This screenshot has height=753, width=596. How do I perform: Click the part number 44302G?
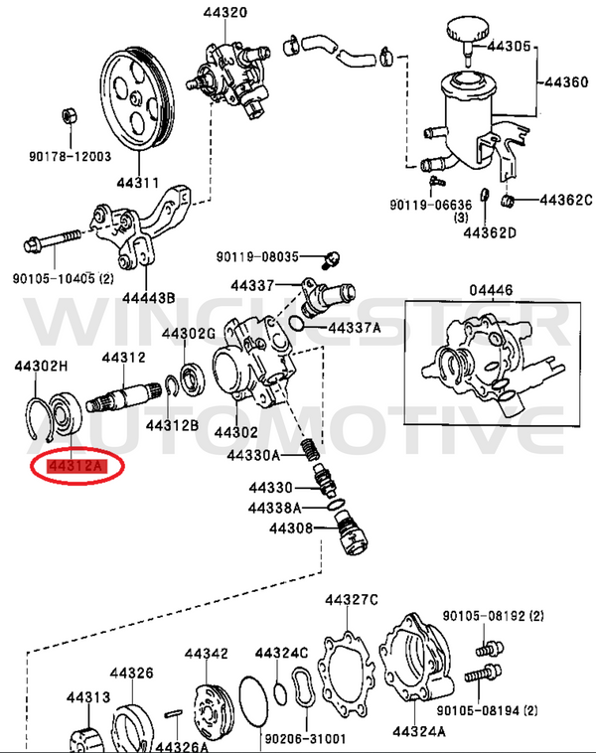click(x=189, y=334)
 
